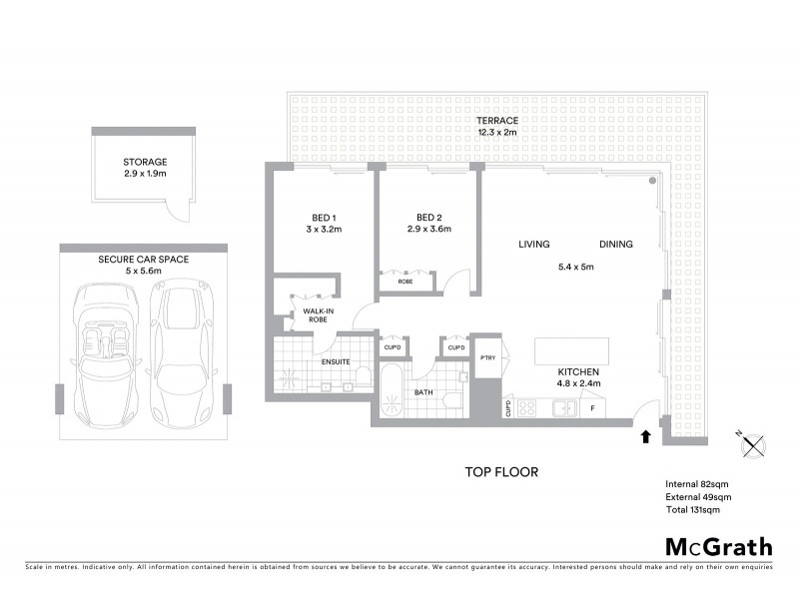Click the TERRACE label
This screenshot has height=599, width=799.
tap(497, 120)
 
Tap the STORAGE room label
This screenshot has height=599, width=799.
tap(145, 162)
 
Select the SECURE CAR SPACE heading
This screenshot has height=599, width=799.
tap(143, 259)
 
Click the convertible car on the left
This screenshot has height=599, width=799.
tap(102, 352)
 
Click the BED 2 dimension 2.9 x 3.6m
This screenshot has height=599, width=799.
tap(429, 229)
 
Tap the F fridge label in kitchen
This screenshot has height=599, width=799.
tap(592, 407)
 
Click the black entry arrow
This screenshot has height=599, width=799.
tap(644, 435)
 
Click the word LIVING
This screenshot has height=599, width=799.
tap(536, 244)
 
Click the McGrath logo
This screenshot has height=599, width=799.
tap(719, 546)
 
